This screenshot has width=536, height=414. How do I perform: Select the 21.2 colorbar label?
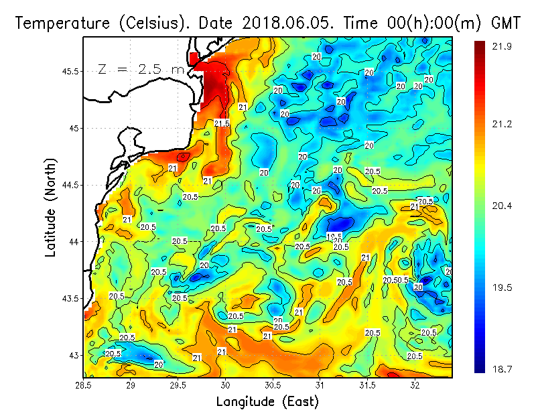pyautogui.click(x=503, y=124)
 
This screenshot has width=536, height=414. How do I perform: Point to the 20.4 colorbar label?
pyautogui.click(x=503, y=206)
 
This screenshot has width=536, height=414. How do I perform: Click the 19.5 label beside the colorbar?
pyautogui.click(x=503, y=287)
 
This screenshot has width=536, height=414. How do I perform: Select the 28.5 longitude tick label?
pyautogui.click(x=84, y=385)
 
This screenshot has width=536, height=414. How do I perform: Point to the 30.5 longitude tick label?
pyautogui.click(x=273, y=385)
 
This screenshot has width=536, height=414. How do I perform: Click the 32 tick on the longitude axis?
pyautogui.click(x=415, y=385)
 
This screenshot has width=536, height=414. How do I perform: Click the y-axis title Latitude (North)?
pyautogui.click(x=51, y=207)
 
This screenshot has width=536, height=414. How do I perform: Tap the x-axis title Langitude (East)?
pyautogui.click(x=267, y=401)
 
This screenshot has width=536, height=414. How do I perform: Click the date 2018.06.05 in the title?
pyautogui.click(x=289, y=23)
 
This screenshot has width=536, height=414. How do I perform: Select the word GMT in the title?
pyautogui.click(x=505, y=23)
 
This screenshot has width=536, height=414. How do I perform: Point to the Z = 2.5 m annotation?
pyautogui.click(x=141, y=70)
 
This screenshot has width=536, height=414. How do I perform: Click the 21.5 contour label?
pyautogui.click(x=222, y=123)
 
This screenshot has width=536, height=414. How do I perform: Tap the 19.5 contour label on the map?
pyautogui.click(x=334, y=236)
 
